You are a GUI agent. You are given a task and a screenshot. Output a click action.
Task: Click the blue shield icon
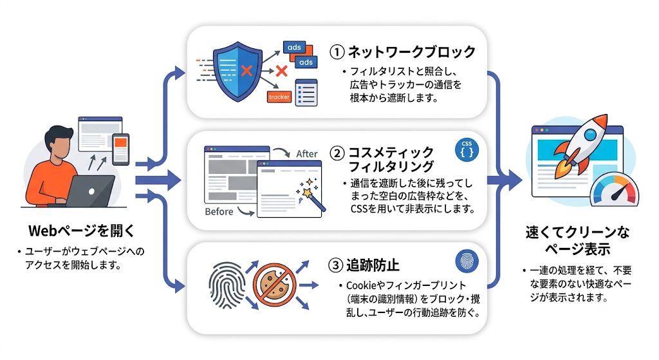[x=238, y=71]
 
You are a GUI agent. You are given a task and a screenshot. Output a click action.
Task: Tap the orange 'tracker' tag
[x=279, y=97]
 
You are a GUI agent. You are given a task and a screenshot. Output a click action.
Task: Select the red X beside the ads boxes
[x=281, y=71]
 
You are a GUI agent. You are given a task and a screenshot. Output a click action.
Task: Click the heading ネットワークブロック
[x=412, y=52]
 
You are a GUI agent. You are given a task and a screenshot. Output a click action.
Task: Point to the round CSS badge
[x=467, y=149]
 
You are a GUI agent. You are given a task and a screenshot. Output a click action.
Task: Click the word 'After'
[x=307, y=154]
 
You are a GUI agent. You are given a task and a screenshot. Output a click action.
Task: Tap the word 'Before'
[x=219, y=211]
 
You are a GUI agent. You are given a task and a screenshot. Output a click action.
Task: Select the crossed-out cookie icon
[x=274, y=285]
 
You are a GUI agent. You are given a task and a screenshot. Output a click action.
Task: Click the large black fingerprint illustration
[x=227, y=285]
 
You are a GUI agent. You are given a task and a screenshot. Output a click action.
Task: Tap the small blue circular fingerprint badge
[x=467, y=261]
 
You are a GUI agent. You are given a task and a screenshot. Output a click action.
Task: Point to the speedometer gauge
[x=614, y=191]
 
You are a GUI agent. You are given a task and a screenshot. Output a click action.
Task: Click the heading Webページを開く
[x=82, y=231]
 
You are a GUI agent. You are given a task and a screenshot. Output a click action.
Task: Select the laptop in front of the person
[x=89, y=191]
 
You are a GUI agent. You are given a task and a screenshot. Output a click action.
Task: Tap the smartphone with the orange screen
[x=120, y=149]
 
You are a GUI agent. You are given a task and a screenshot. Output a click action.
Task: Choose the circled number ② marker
[x=337, y=153]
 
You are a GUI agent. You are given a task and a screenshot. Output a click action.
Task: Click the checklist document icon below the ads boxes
[x=306, y=93]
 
